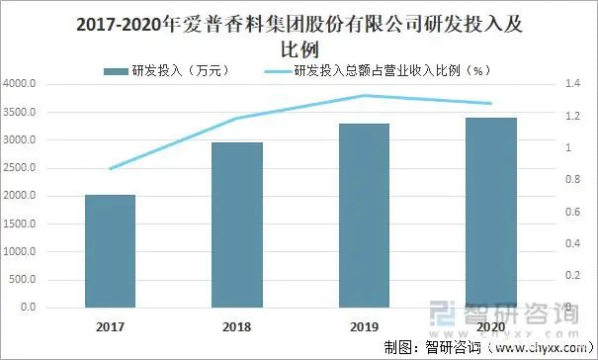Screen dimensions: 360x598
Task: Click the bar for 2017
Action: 110,251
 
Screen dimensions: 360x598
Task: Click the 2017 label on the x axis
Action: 110,324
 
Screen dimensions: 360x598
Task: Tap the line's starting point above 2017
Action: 110,169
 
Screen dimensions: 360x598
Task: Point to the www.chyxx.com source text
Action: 533,346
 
